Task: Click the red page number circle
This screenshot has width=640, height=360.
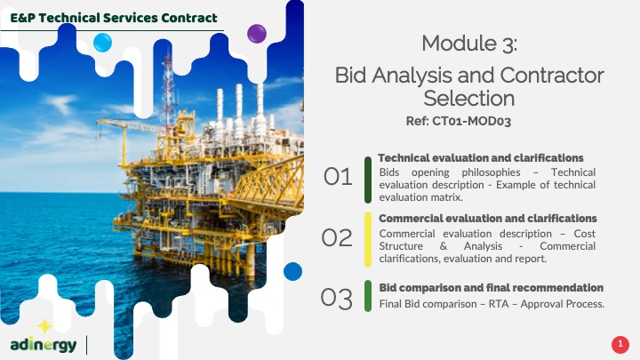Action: pyautogui.click(x=620, y=344)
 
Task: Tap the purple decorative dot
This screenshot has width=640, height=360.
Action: pyautogui.click(x=257, y=34)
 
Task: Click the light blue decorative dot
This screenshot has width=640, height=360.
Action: pyautogui.click(x=102, y=43)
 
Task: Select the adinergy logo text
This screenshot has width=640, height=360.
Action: pyautogui.click(x=44, y=345)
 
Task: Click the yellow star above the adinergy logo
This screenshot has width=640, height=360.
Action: pyautogui.click(x=45, y=326)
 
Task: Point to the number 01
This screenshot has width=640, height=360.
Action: pyautogui.click(x=338, y=177)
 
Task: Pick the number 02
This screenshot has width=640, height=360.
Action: pyautogui.click(x=337, y=237)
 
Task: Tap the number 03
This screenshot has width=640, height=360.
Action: pyautogui.click(x=336, y=298)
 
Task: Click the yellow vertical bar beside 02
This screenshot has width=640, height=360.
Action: pyautogui.click(x=368, y=239)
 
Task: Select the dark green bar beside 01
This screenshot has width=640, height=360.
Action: pyautogui.click(x=368, y=180)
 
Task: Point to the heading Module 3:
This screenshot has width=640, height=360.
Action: pyautogui.click(x=469, y=44)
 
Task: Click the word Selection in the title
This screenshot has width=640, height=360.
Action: pyautogui.click(x=469, y=99)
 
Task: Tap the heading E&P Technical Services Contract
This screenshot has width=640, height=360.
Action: pyautogui.click(x=114, y=18)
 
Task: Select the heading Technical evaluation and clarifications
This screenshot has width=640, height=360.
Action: pyautogui.click(x=481, y=158)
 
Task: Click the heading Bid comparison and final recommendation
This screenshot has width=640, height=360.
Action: pyautogui.click(x=491, y=288)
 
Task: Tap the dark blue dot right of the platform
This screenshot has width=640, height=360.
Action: pyautogui.click(x=292, y=271)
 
